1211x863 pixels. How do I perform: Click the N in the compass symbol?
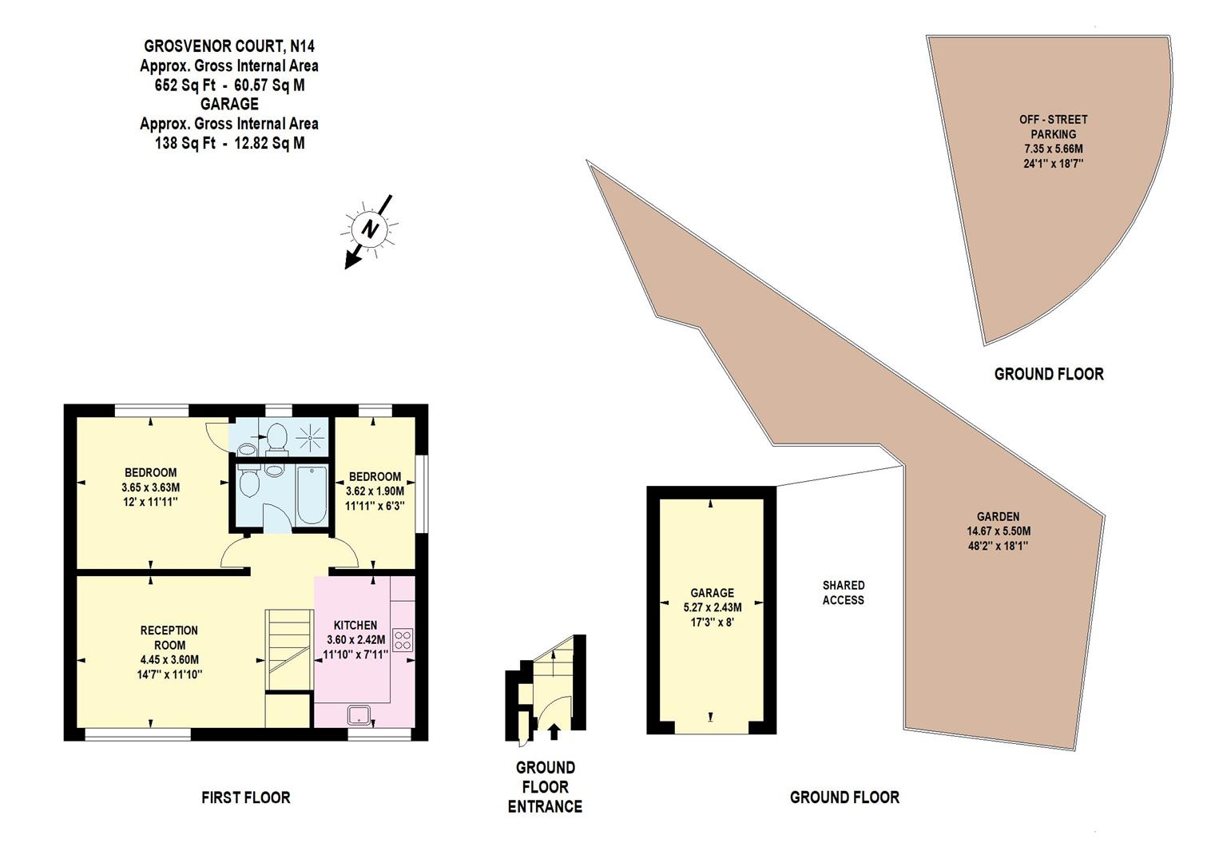point(370,229)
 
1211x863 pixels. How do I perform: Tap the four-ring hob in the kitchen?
point(403,640)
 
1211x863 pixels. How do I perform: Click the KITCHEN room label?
point(355,625)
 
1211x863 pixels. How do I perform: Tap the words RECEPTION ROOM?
point(169,638)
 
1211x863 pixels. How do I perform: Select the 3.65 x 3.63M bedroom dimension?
point(150,487)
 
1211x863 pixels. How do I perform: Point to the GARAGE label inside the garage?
point(712,593)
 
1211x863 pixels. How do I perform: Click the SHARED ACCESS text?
point(844,592)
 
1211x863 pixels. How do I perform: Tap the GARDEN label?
point(998,516)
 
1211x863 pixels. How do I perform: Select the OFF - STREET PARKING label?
point(1053,126)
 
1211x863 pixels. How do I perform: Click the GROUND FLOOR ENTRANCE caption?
point(545,787)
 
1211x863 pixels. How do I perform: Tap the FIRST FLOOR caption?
point(245,797)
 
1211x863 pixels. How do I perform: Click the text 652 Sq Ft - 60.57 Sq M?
point(229,85)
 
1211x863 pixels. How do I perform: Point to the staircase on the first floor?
point(288,647)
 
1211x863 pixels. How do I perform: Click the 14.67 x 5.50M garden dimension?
point(999,531)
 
